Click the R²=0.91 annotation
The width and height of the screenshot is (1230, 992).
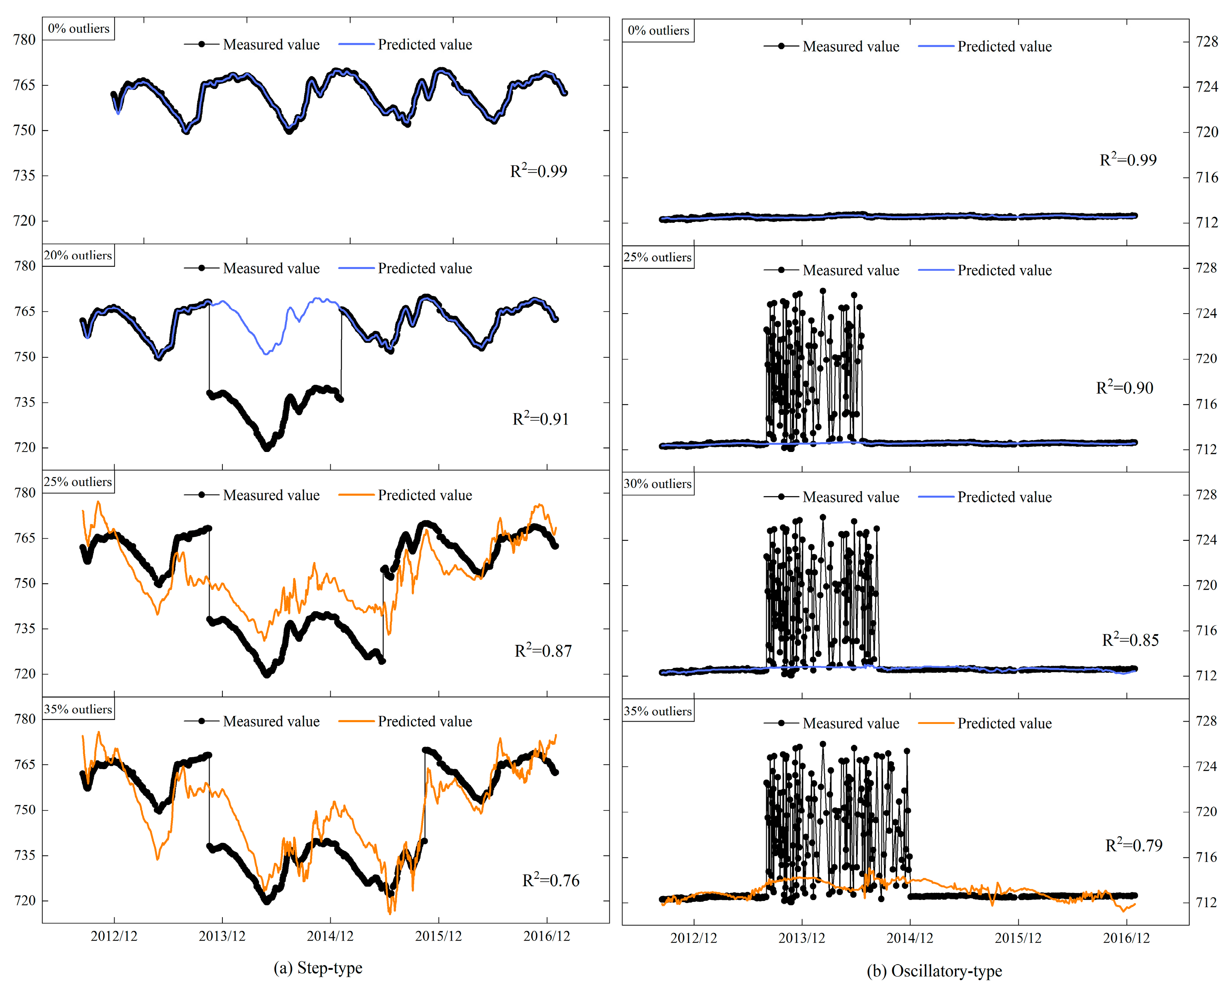click(x=540, y=419)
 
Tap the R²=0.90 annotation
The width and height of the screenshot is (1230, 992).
click(x=1124, y=387)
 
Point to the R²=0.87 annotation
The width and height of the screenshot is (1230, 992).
click(x=543, y=650)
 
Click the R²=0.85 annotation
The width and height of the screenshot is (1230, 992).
click(x=1130, y=640)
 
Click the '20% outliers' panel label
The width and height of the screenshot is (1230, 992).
click(x=78, y=256)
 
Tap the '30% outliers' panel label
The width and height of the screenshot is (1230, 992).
click(x=657, y=483)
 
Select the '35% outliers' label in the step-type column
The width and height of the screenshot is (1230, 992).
click(x=78, y=709)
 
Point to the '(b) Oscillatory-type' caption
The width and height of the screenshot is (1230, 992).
click(x=934, y=971)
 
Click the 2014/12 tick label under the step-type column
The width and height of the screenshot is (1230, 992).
click(x=330, y=936)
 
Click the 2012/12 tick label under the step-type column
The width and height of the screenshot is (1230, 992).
click(x=114, y=936)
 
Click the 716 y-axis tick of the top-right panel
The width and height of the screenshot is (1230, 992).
click(x=1207, y=177)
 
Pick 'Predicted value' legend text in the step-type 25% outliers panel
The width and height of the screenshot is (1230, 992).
click(x=424, y=495)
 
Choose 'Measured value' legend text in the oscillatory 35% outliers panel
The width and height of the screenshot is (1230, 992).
click(x=851, y=724)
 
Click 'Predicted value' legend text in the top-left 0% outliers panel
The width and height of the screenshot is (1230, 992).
click(x=424, y=45)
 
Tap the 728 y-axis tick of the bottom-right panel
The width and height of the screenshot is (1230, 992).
click(x=1207, y=721)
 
